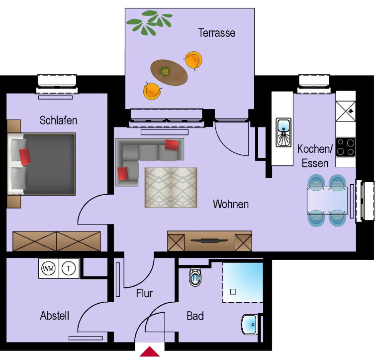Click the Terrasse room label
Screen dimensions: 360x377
coord(216,33)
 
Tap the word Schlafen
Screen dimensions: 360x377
coord(58,120)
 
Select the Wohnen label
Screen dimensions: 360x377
coord(230,204)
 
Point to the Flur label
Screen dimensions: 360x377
coord(144,293)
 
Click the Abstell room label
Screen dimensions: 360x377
coord(55,316)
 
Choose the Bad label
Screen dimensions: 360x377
coord(195,316)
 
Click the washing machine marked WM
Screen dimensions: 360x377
coord(48,269)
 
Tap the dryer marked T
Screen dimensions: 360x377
coord(69,269)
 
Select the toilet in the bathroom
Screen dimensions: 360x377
coord(194,277)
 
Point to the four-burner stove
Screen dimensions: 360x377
coord(346,146)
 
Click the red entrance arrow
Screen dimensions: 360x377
coord(150,352)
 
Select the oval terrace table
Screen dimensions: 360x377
coord(169,73)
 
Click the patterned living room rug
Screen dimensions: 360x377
coord(171,187)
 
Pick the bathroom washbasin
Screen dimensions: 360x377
coord(249,325)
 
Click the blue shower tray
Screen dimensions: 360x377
coord(242,282)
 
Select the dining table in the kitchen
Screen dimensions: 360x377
coord(327,201)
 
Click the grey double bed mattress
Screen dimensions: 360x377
coord(50,163)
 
